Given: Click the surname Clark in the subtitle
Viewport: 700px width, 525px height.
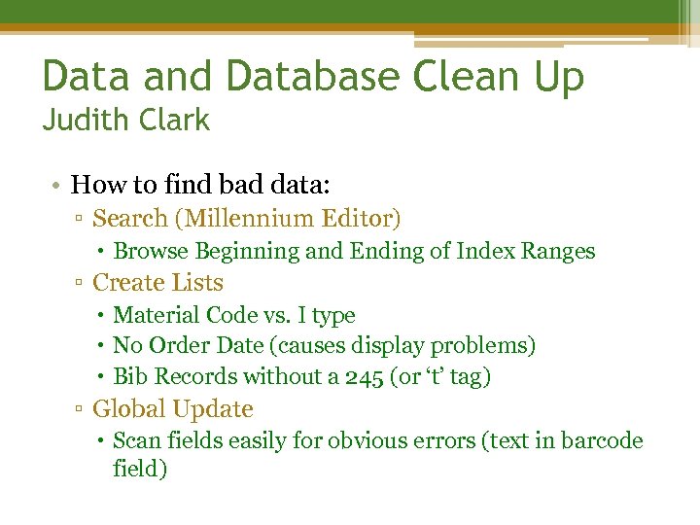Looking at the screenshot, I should click(x=174, y=121).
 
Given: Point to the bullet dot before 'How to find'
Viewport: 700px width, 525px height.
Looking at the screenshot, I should click(x=59, y=185).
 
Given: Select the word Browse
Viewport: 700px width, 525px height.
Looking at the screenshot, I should click(x=151, y=251).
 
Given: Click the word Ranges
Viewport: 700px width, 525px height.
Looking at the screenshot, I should click(x=558, y=251).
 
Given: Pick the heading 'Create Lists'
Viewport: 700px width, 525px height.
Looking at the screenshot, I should click(x=157, y=283).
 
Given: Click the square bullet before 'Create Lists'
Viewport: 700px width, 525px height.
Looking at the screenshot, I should click(x=80, y=284).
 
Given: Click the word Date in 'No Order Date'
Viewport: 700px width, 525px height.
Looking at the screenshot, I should click(x=231, y=345).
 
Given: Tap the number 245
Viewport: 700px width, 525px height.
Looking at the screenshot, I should click(x=365, y=376).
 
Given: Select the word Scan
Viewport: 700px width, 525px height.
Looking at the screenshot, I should click(x=135, y=440).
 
